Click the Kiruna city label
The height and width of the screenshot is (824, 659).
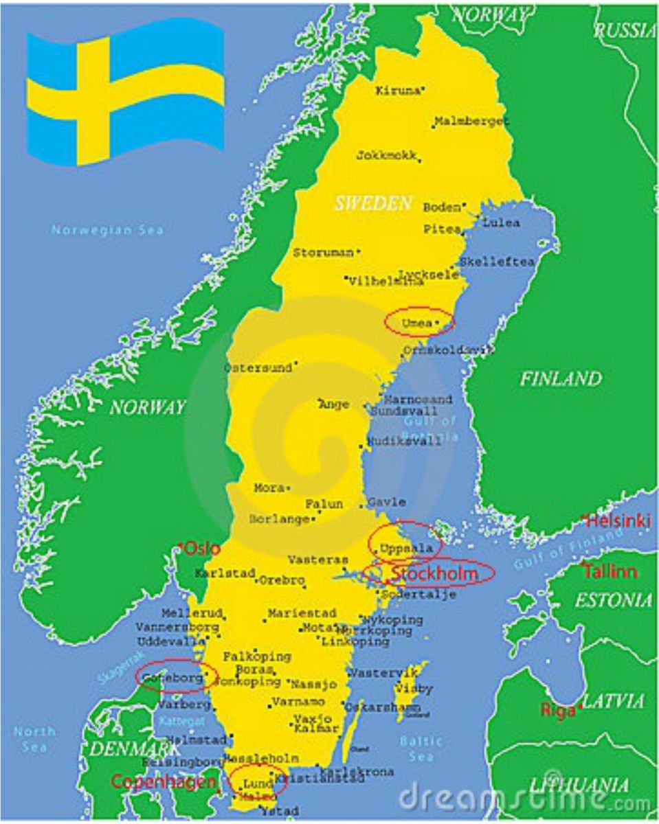[x=397, y=90]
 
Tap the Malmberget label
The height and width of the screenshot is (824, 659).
[x=472, y=122]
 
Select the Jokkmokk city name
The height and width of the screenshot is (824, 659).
[x=386, y=156]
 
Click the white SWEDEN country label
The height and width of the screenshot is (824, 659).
[x=373, y=203]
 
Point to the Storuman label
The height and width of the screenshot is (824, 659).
[x=323, y=253]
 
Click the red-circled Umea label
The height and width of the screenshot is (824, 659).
[x=417, y=323]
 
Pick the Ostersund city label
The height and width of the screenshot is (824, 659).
[x=258, y=368]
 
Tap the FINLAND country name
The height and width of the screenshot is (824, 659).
[x=560, y=378]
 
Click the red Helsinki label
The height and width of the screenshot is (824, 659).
[x=618, y=521]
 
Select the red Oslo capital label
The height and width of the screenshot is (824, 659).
[x=203, y=549]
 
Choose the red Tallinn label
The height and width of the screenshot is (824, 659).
[x=610, y=571]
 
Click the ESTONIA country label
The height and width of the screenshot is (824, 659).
[x=613, y=601]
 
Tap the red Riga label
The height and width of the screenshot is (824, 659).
[x=558, y=711]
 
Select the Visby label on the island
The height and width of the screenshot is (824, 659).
[x=414, y=688]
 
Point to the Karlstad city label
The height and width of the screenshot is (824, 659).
[x=225, y=573]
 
